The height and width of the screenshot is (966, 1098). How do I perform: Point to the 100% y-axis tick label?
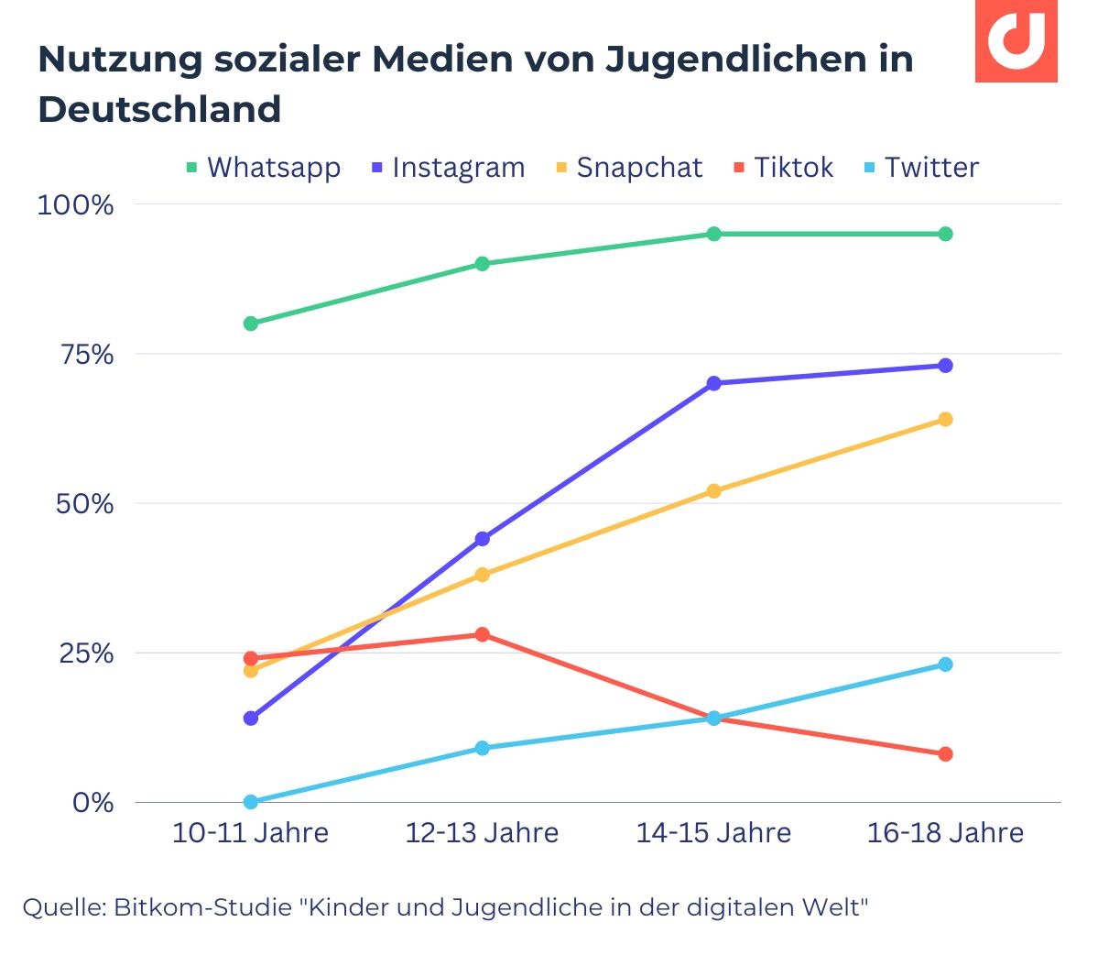pos(75,204)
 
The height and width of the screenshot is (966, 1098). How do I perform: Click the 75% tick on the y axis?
pos(87,355)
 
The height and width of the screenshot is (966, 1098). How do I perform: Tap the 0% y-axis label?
pos(92,803)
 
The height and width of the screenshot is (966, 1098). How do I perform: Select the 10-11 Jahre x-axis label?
pos(250,833)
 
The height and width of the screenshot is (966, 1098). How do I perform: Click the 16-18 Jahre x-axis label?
pos(945,833)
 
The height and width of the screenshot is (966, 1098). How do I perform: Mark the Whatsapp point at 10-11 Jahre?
pos(251,324)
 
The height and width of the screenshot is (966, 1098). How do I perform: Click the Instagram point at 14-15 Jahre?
pos(714,383)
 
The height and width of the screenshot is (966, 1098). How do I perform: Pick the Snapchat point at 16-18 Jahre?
pos(946,420)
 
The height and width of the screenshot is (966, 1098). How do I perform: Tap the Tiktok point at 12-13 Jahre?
pos(483,634)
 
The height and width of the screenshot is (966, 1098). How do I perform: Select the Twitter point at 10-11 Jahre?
pos(251,802)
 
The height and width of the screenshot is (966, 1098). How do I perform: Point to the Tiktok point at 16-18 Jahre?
pos(946,754)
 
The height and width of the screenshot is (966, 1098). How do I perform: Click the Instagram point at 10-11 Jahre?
pos(251,719)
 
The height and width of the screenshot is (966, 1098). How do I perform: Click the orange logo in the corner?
pos(1016,41)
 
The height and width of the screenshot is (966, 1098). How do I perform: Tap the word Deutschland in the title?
pos(159,109)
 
